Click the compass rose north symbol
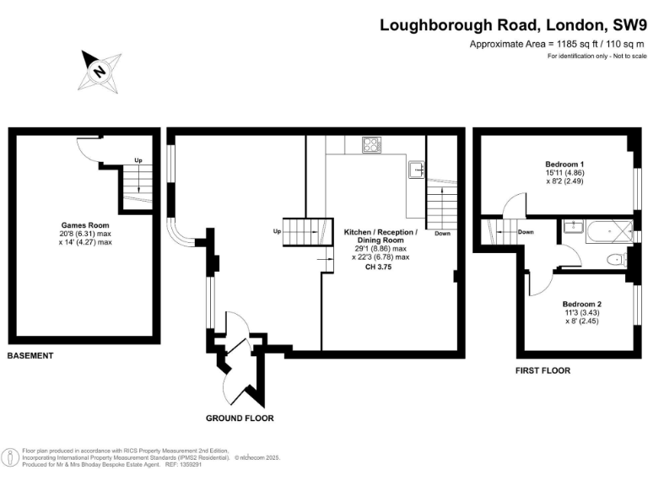pyautogui.click(x=100, y=71)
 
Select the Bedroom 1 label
pyautogui.click(x=564, y=164)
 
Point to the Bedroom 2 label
pyautogui.click(x=581, y=303)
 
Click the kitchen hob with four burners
pyautogui.click(x=370, y=145)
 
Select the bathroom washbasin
pyautogui.click(x=570, y=226)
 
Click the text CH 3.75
pyautogui.click(x=379, y=267)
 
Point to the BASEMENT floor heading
pyautogui.click(x=30, y=356)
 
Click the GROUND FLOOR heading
pyautogui.click(x=240, y=418)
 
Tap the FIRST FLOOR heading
pyautogui.click(x=543, y=370)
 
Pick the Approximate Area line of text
pyautogui.click(x=557, y=44)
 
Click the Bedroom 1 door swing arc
pyautogui.click(x=513, y=205)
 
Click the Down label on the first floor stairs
pyautogui.click(x=526, y=231)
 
